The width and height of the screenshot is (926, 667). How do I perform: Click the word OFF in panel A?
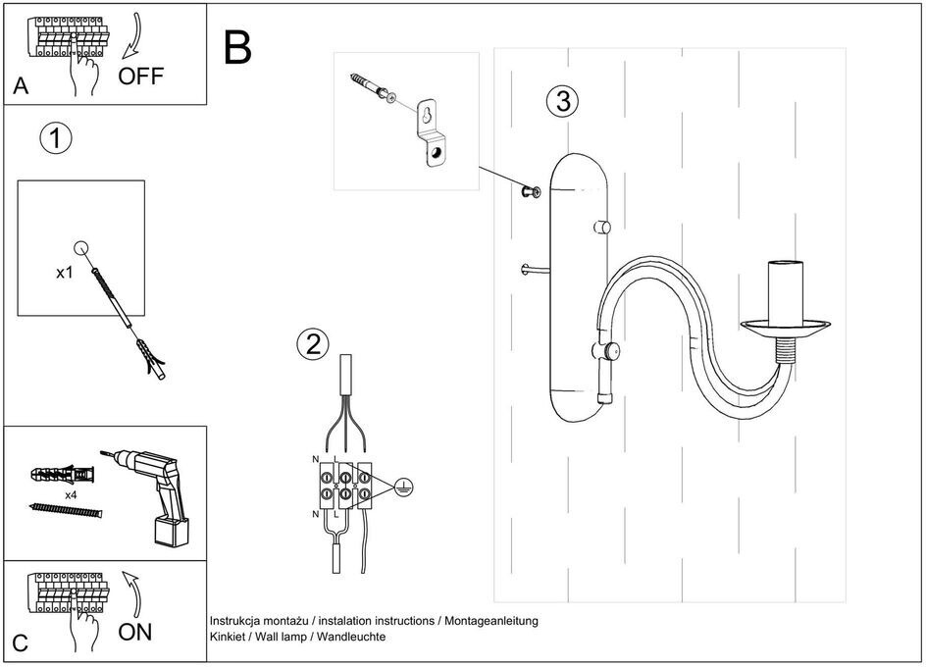tap(141, 76)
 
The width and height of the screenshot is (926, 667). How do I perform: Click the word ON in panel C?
tap(135, 632)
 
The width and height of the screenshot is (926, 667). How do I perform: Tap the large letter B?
tap(237, 47)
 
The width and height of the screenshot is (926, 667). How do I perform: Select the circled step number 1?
tap(55, 138)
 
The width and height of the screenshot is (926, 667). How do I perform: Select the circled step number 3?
tap(562, 100)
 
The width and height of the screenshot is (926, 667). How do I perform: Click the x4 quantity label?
tap(71, 496)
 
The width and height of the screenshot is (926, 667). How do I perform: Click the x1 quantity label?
tap(64, 273)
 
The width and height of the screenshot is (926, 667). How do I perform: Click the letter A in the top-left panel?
tap(21, 87)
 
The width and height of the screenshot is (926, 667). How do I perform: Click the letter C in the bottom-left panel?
tap(21, 643)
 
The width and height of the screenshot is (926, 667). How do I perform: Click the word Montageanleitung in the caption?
tap(489, 621)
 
